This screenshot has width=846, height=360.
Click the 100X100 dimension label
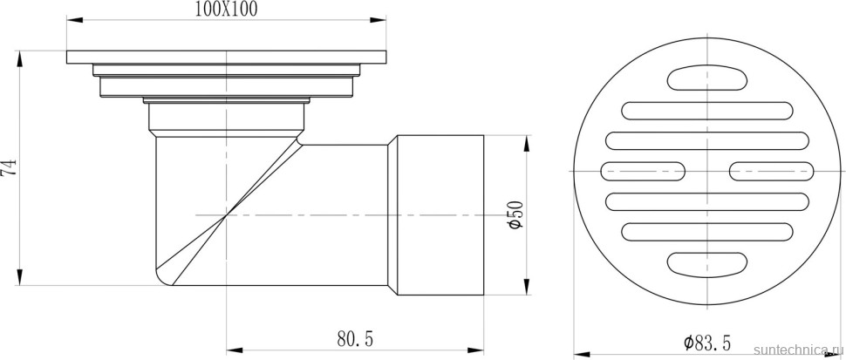point(227,10)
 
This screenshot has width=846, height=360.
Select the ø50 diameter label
point(515,214)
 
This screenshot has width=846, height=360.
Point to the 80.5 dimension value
point(355,338)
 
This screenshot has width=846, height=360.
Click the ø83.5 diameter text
point(706,343)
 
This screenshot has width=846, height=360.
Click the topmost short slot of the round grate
point(706,79)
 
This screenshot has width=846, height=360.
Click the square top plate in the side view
point(227,57)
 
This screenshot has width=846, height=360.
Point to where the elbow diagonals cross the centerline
point(227,214)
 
